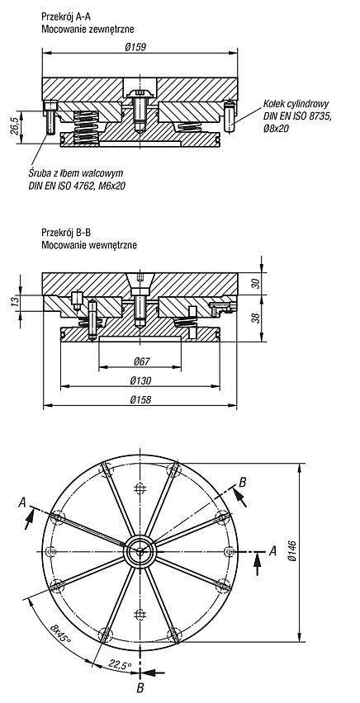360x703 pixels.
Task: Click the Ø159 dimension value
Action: (140, 47)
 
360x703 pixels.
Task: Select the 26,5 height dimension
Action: (14, 127)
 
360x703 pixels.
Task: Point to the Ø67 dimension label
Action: (140, 361)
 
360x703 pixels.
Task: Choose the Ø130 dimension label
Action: (140, 380)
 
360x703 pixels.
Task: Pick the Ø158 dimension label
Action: (140, 400)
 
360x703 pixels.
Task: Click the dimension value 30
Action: (256, 283)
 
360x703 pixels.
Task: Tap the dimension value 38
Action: (256, 318)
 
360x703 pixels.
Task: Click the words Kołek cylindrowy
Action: (296, 105)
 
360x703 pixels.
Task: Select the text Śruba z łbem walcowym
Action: (75, 173)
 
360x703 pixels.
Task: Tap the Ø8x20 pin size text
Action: (277, 129)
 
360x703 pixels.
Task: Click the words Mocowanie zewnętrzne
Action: (88, 30)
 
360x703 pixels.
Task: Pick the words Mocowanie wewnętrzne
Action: (89, 245)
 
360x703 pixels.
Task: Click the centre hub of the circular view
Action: (140, 551)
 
